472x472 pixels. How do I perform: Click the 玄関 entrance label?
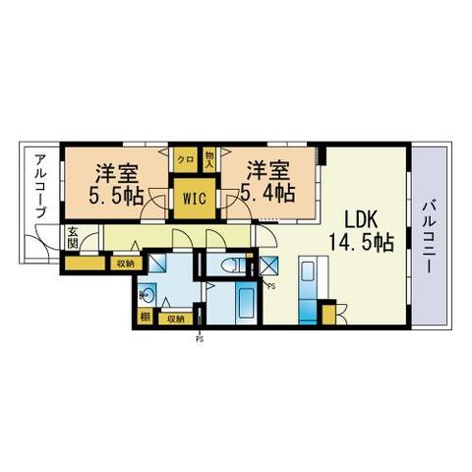(73, 240)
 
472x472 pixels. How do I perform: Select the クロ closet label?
(185, 157)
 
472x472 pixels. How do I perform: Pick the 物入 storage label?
(209, 157)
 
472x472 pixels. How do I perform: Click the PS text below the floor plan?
(200, 340)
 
